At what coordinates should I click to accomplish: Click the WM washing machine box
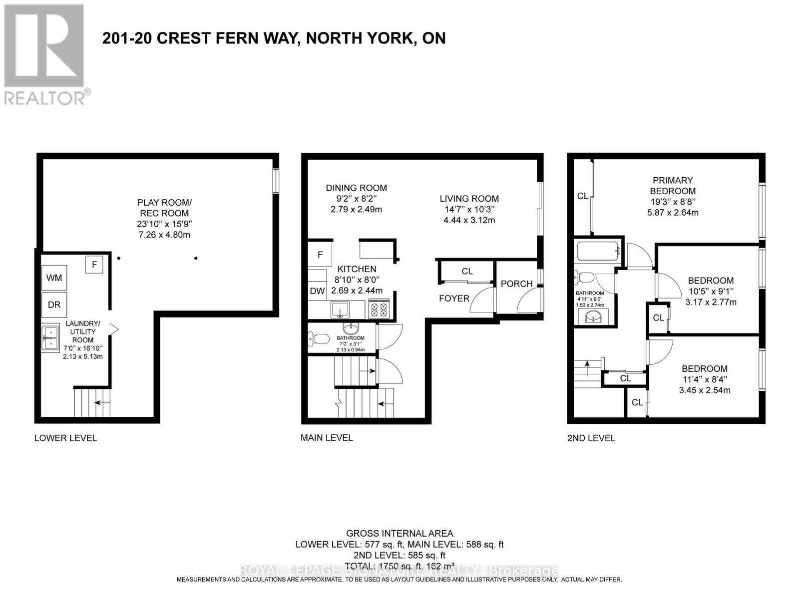tap(54, 278)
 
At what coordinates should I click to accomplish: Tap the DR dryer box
tap(54, 304)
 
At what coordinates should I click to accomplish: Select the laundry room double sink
tap(51, 338)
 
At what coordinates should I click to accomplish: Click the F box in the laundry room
tap(94, 265)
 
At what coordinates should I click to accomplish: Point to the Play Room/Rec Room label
tap(164, 208)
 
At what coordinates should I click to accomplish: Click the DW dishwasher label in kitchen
tap(317, 291)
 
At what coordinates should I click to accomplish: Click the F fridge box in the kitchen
tap(320, 255)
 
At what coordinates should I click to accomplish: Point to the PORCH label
tap(516, 284)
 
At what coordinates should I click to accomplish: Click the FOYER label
tap(454, 299)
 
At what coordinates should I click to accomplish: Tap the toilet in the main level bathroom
tap(320, 339)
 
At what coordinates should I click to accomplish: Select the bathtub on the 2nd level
tap(598, 251)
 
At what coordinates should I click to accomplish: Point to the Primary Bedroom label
tap(673, 186)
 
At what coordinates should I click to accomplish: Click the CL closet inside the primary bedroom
tap(582, 196)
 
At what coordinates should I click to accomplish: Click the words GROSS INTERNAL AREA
tap(399, 534)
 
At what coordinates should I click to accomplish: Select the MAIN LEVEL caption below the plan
tap(327, 438)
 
